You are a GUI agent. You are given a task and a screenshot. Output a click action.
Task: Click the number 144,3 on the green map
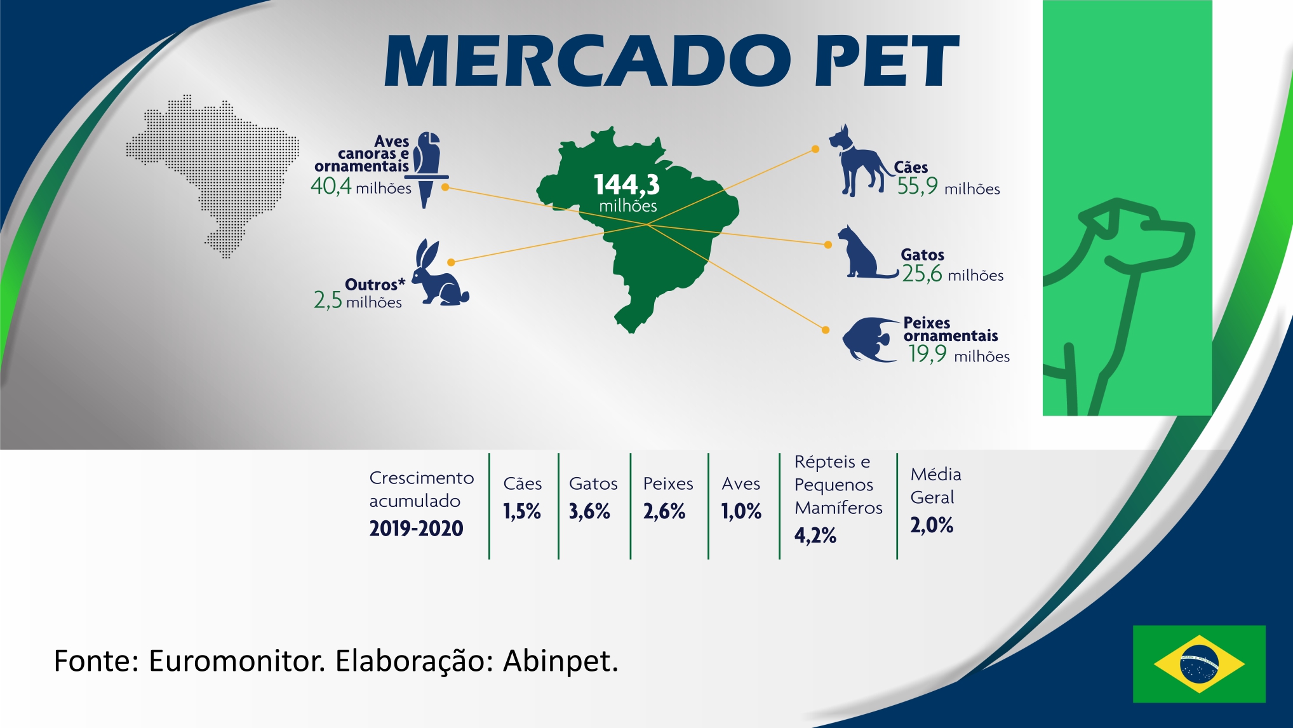click(x=627, y=184)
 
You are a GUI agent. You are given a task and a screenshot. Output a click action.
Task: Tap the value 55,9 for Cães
click(x=917, y=186)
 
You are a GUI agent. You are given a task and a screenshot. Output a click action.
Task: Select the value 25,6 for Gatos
click(x=922, y=274)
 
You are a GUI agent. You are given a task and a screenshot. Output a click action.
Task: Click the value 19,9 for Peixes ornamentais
click(x=927, y=354)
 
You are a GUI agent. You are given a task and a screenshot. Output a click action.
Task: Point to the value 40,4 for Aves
click(x=331, y=185)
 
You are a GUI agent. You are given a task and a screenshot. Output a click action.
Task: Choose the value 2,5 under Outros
click(x=328, y=300)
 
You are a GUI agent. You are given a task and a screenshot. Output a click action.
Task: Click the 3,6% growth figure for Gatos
click(x=589, y=511)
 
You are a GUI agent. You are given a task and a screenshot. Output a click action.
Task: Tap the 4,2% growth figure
click(x=815, y=536)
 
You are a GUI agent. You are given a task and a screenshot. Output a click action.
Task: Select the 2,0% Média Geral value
click(x=932, y=525)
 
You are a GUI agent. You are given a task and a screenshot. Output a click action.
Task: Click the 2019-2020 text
click(x=416, y=529)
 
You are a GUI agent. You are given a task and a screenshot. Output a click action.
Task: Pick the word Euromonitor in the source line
click(x=237, y=661)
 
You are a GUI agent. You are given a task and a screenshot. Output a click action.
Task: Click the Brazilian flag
click(x=1199, y=664)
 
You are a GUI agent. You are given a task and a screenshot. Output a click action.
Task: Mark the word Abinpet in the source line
click(x=561, y=661)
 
